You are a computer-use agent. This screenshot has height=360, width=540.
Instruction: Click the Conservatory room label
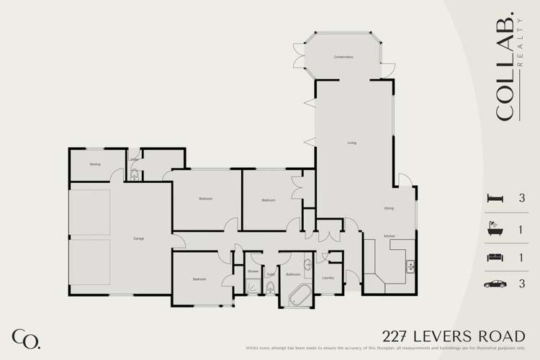[x=343, y=57]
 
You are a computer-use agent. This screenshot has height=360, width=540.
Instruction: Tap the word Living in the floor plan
[x=352, y=143]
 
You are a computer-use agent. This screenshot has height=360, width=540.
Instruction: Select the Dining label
[x=388, y=209]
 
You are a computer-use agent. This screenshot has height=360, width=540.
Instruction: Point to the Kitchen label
[x=389, y=236]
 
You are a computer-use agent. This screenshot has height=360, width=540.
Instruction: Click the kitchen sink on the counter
[x=410, y=264]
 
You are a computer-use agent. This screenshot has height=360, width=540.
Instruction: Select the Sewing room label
[x=94, y=164]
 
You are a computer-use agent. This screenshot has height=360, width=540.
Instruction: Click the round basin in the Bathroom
[x=308, y=264]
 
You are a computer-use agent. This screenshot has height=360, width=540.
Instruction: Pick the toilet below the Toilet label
[x=271, y=289]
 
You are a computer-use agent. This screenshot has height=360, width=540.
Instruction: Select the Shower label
[x=253, y=272]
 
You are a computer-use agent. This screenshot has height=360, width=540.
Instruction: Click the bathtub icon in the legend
[x=494, y=228]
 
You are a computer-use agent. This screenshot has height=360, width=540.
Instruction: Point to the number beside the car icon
[x=521, y=284]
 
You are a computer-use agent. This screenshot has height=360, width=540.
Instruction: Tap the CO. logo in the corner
[x=25, y=338]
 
